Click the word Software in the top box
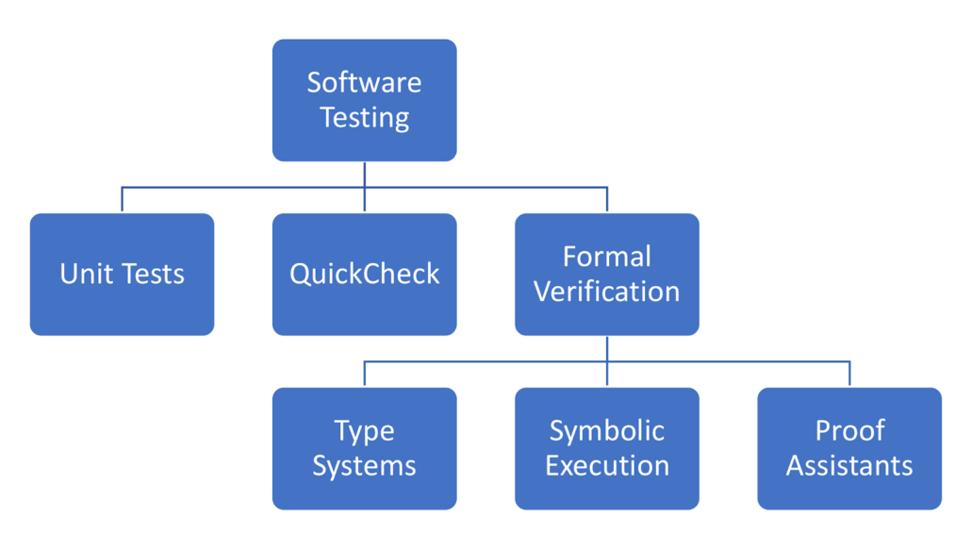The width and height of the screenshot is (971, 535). [x=364, y=82]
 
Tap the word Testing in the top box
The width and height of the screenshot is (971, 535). [x=364, y=118]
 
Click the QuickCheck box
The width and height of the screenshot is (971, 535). [x=364, y=274]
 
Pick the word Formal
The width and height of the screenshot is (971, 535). [x=606, y=257]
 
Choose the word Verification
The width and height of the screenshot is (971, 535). [x=606, y=292]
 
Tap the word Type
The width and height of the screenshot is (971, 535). [x=364, y=431]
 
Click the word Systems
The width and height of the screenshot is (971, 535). [x=364, y=466]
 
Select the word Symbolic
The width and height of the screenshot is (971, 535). [x=606, y=431]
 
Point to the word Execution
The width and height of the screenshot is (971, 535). [x=606, y=466]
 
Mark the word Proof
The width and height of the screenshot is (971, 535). [x=849, y=431]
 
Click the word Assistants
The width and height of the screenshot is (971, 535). [x=849, y=466]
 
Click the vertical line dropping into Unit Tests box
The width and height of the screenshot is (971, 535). [x=123, y=200]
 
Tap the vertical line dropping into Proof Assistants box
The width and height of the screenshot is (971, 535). [x=849, y=374]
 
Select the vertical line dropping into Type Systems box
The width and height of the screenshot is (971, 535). [x=365, y=374]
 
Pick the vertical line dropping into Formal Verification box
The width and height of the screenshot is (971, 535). [x=607, y=200]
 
